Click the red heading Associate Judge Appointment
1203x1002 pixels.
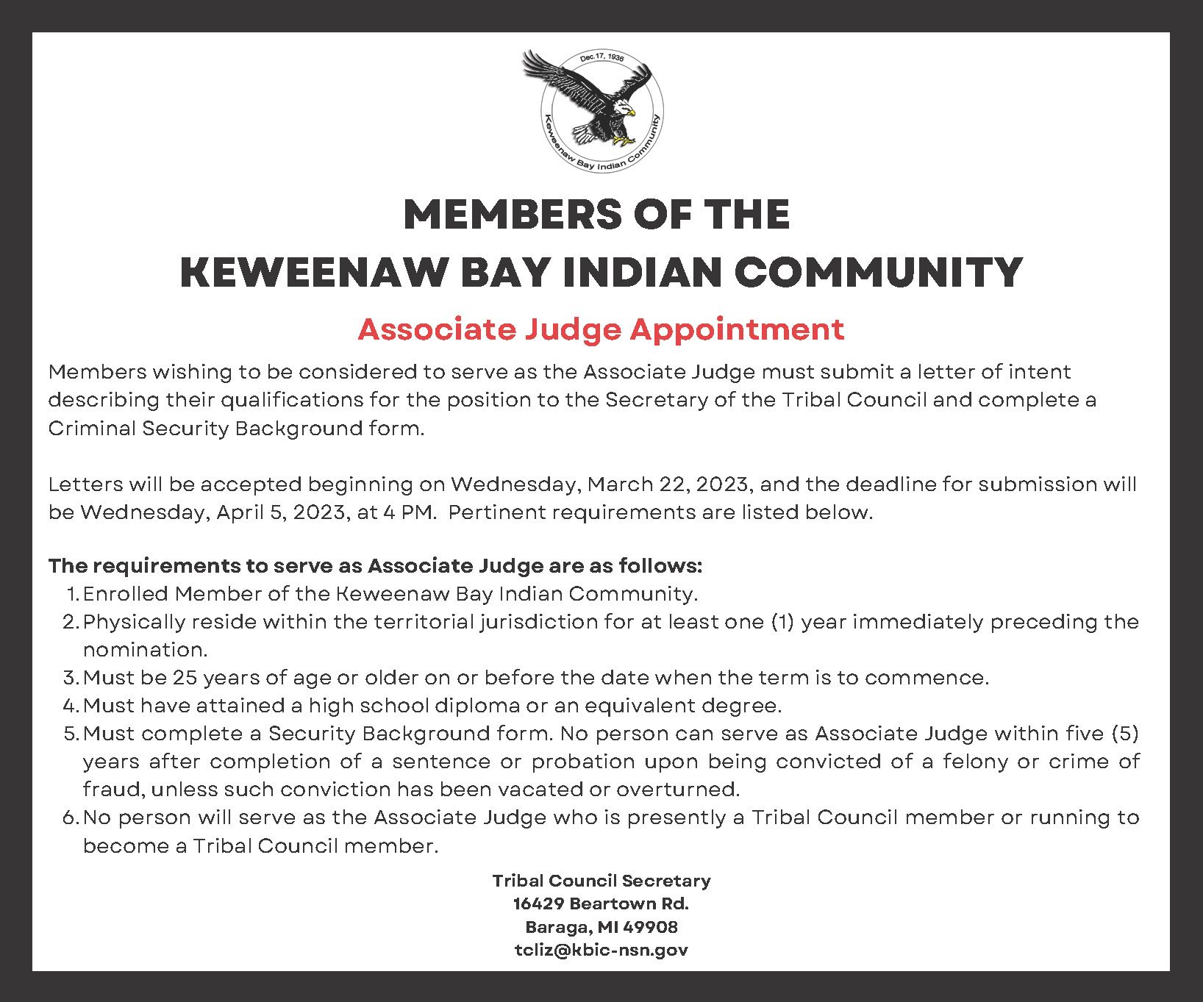601,329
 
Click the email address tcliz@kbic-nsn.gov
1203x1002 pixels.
601,950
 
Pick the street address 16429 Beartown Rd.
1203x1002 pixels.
601,903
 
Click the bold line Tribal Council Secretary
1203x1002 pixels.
601,881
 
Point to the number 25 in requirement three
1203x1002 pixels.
185,678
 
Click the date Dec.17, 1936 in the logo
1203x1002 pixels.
601,57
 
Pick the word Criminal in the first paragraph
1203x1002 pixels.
92,429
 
